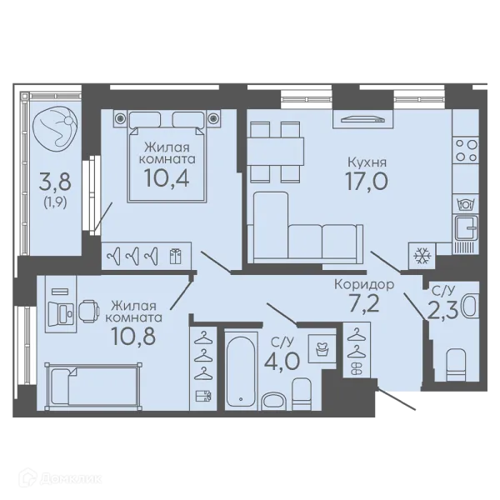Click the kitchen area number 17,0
click(367, 181)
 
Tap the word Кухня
click(367, 162)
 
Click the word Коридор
click(364, 284)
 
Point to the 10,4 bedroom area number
click(167, 177)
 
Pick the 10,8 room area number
click(133, 336)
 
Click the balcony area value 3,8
click(55, 182)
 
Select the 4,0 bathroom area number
click(282, 361)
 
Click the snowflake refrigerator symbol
click(422, 255)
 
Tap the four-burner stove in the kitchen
click(466, 150)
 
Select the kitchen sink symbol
click(466, 227)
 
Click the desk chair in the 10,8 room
click(89, 311)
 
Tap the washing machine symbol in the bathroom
click(322, 348)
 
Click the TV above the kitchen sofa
click(362, 119)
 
